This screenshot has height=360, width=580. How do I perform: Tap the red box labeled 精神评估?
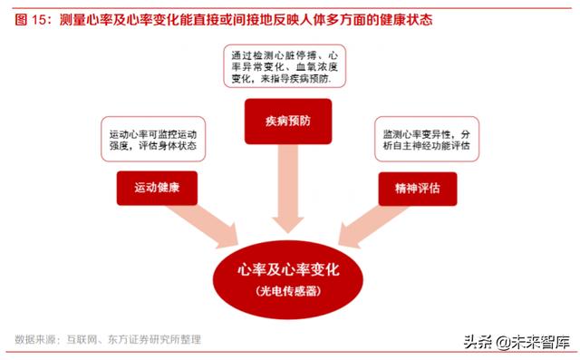pyautogui.click(x=417, y=189)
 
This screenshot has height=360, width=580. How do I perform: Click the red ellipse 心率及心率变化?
pyautogui.click(x=288, y=277)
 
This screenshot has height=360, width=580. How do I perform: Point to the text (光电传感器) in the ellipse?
pyautogui.click(x=288, y=292)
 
